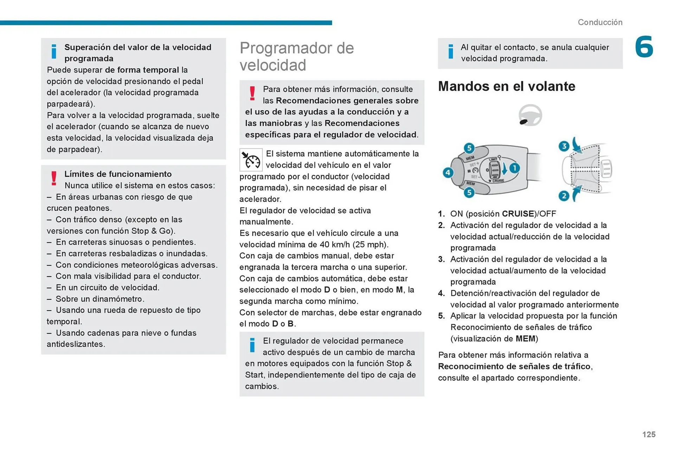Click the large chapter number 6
(644, 47)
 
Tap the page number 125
(649, 435)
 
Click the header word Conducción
(600, 22)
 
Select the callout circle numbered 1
(514, 168)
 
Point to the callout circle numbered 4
(448, 172)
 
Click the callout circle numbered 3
(564, 146)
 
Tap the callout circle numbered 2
(564, 196)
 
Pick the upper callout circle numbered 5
(469, 148)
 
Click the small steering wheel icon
(530, 115)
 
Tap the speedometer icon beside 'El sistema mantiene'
(251, 160)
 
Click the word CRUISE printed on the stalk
(498, 181)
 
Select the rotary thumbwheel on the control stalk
(494, 170)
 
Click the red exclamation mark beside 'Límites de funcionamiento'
(54, 178)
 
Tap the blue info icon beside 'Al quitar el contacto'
(451, 52)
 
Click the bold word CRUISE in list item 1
(518, 214)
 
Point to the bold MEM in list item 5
(525, 339)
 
